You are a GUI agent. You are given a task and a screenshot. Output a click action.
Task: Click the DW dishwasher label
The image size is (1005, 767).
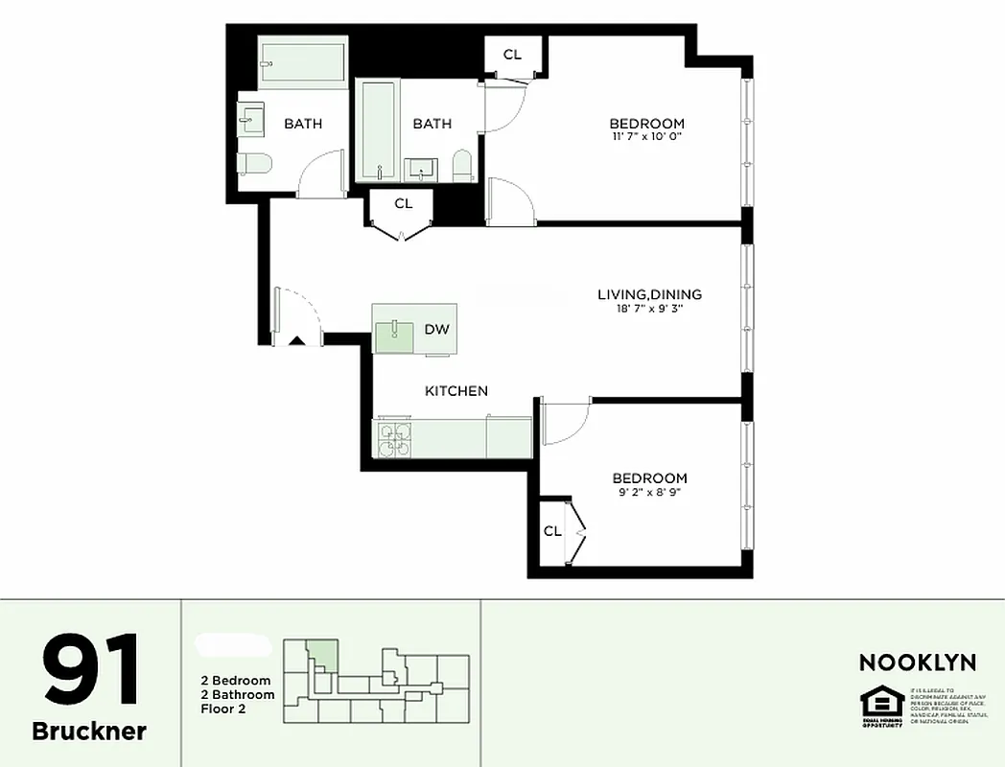(436, 329)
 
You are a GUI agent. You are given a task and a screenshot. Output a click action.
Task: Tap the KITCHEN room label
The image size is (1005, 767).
(456, 391)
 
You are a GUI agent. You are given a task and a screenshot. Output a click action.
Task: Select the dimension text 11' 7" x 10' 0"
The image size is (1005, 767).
(646, 136)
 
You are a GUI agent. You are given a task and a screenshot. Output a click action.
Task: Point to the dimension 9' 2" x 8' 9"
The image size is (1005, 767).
(649, 492)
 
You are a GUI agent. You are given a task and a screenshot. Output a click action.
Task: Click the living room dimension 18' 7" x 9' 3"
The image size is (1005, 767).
(649, 309)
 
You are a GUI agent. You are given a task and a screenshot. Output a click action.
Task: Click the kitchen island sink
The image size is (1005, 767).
(394, 332)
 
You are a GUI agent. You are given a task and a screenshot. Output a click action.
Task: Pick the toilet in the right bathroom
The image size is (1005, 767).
(462, 166)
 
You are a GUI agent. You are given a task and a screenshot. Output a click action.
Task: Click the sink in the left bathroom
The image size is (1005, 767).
(253, 119)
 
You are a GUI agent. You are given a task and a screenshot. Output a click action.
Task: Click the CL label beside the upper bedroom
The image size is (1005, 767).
(512, 55)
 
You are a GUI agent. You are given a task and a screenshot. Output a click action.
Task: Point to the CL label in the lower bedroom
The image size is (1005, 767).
(552, 531)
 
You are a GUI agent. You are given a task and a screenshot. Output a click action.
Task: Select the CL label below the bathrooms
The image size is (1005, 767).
(404, 203)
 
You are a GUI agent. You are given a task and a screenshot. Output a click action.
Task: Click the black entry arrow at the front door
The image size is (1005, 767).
(297, 339)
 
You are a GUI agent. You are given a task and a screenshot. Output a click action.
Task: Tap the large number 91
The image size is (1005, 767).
(90, 670)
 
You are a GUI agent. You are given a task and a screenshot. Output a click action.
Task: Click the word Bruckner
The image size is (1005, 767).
(89, 732)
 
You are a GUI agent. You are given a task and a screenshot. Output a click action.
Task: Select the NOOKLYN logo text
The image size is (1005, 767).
(917, 662)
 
